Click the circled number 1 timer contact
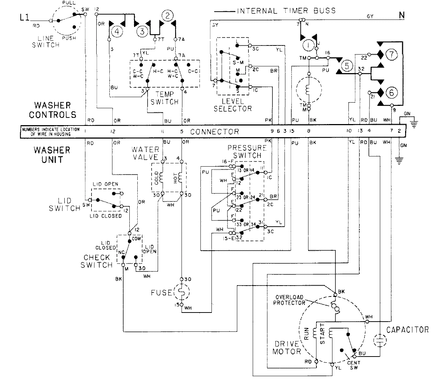coord(308,45)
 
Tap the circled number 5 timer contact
coord(347,66)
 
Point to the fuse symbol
coord(181,291)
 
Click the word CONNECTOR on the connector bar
coord(214,132)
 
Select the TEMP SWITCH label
coord(165,98)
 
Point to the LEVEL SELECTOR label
coord(233,105)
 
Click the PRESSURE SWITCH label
coord(244,151)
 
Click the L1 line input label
coord(25,17)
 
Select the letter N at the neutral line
coord(401,16)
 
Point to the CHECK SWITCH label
coord(97,261)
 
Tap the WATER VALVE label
coord(145,153)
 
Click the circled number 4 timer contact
coord(117,32)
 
